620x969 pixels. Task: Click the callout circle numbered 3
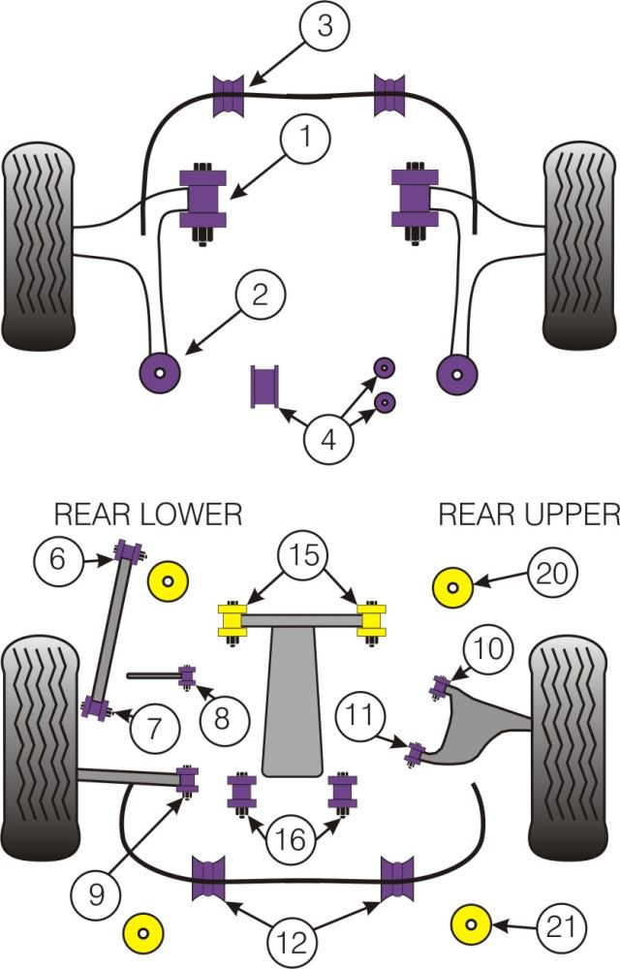point(325,27)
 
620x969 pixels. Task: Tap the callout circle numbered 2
point(260,294)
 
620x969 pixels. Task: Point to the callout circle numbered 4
point(329,440)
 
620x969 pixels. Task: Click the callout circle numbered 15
point(304,556)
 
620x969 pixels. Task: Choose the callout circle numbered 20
point(552,575)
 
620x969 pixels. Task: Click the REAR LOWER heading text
point(147,514)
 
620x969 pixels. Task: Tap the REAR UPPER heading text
point(528,514)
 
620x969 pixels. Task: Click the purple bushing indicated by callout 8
point(188,673)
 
